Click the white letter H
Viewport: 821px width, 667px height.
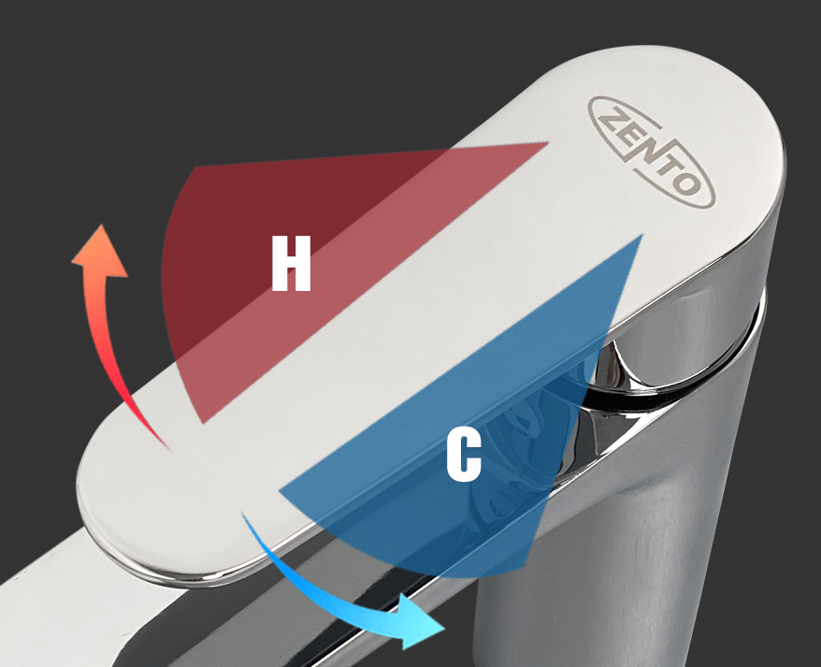[x=291, y=263]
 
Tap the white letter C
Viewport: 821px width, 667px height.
[x=464, y=455]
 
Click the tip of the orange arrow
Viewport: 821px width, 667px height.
[x=101, y=225]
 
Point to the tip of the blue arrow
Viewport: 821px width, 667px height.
[x=444, y=629]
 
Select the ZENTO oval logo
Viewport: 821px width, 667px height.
[x=652, y=152]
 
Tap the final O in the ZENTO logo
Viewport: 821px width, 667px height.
[x=687, y=183]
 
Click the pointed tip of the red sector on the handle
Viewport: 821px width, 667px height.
[x=548, y=142]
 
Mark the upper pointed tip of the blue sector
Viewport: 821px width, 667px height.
[x=641, y=235]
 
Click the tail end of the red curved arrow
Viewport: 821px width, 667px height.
[x=169, y=448]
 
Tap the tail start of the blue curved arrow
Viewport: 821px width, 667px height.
[x=242, y=513]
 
